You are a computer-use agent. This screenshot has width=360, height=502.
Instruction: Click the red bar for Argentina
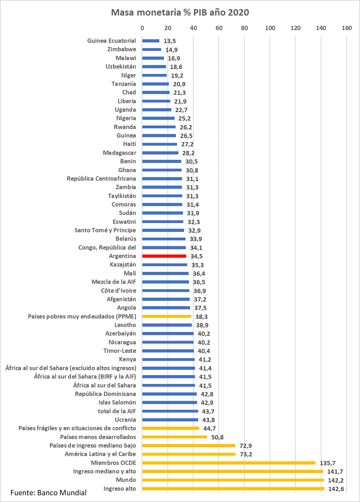164,256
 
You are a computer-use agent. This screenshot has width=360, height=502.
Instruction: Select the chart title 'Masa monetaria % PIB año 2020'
180,13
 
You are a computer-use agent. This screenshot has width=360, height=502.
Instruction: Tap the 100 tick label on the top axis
270,28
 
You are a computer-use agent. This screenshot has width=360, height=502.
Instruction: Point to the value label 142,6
336,489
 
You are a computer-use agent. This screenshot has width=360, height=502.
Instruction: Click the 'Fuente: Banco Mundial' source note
48,493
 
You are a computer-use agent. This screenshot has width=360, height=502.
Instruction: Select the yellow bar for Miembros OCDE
229,463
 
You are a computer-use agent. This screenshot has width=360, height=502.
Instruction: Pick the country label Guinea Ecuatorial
111,41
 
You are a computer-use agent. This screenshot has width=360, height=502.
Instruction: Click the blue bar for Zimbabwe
152,49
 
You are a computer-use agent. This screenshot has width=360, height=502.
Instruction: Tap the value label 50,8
217,437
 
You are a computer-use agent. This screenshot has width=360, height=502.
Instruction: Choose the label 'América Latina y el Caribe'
100,454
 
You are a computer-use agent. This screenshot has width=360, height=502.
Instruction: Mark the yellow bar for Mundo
233,480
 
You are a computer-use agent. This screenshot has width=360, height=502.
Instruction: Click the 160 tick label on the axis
347,28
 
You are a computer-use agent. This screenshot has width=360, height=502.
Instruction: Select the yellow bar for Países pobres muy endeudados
167,316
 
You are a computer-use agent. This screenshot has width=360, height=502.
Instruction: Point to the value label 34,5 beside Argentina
196,256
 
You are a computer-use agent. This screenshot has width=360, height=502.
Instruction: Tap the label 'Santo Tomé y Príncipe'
105,230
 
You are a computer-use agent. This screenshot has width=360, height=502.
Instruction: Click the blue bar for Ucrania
170,420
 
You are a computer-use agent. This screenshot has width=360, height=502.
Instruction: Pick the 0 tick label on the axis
142,28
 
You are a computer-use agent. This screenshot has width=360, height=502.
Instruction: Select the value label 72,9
246,446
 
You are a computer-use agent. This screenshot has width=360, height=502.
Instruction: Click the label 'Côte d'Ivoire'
118,291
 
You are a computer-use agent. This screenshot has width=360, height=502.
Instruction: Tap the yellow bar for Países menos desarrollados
175,437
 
